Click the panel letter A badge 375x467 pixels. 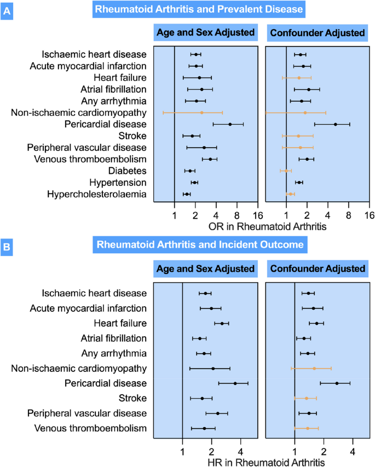(8, 9)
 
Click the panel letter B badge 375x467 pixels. (8, 247)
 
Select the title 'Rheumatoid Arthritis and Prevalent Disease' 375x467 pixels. (199, 9)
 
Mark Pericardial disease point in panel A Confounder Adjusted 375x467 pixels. (336, 124)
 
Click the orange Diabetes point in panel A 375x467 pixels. (285, 171)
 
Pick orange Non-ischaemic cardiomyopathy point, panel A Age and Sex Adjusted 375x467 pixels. (201, 113)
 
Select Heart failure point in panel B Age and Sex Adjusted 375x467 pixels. (222, 323)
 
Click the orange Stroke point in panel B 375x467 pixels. (306, 398)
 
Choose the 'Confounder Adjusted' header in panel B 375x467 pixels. (318, 269)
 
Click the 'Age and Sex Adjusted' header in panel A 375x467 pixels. (206, 32)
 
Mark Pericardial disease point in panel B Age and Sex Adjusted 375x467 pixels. (235, 383)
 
